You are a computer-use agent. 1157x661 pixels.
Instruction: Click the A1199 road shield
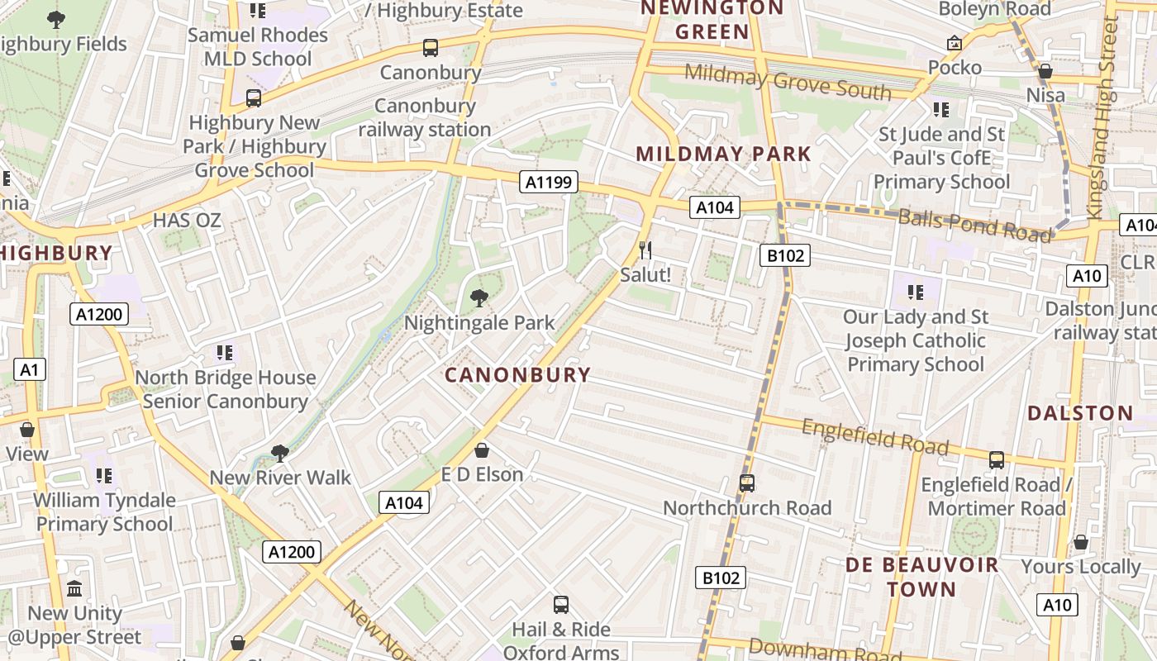point(549,182)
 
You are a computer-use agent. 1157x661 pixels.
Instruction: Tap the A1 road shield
point(29,369)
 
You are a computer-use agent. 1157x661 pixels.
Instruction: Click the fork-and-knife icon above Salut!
point(645,250)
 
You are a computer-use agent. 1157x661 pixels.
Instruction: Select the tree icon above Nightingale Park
point(479,298)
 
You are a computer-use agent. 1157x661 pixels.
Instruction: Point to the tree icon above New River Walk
point(280,453)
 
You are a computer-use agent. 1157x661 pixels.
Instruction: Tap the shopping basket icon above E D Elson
point(482,450)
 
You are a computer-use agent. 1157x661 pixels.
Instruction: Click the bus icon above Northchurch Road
point(747,483)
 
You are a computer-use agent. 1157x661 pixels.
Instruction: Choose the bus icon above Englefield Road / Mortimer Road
point(997,460)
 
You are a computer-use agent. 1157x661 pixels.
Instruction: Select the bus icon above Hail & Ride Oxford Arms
point(561,605)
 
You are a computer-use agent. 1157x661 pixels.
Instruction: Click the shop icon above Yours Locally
point(1080,543)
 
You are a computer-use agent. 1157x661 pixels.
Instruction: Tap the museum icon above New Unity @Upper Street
point(74,589)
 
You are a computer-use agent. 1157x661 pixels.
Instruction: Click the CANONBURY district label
point(518,375)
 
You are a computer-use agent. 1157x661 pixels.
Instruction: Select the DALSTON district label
point(1080,413)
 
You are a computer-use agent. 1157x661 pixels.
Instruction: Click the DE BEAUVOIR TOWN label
point(921,578)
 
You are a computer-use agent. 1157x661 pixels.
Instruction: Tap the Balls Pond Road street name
point(975,226)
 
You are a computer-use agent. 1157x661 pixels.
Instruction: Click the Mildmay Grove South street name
point(788,82)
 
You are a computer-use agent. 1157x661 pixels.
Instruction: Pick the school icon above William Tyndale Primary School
point(103,476)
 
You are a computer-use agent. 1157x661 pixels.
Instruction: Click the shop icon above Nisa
point(1045,71)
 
